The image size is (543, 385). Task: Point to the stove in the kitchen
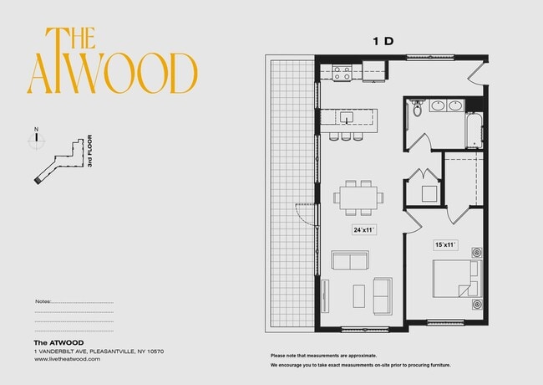tap(342, 73)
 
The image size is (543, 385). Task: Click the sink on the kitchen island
tap(344, 119)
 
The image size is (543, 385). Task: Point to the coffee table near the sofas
tap(358, 295)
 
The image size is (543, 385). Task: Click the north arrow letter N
tap(36, 129)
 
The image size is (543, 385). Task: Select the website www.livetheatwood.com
tap(67, 358)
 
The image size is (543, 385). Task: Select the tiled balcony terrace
tap(288, 192)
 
